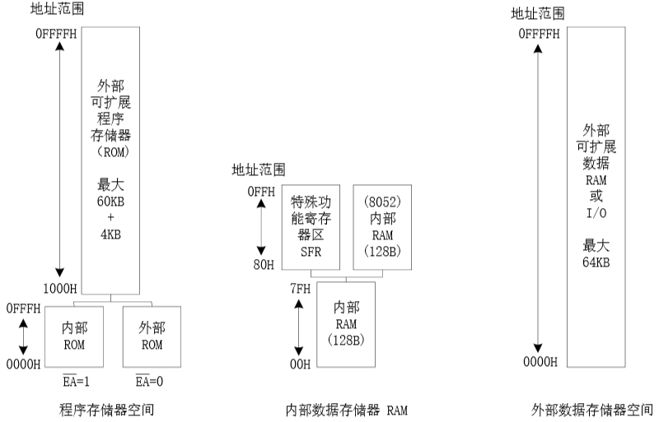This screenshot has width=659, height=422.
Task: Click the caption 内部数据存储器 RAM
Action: pyautogui.click(x=346, y=409)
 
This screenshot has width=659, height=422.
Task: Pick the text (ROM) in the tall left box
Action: pyautogui.click(x=110, y=152)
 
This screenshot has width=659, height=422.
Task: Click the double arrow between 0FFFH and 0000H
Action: pyautogui.click(x=23, y=336)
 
